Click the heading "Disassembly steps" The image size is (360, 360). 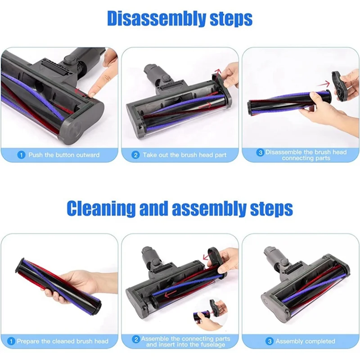click(x=180, y=19)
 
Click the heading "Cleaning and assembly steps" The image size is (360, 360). click(x=180, y=208)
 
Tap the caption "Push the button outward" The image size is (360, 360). click(x=64, y=155)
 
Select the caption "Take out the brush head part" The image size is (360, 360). click(x=185, y=155)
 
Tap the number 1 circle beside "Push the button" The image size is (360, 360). click(x=21, y=155)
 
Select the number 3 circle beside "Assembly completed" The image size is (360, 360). click(x=270, y=341)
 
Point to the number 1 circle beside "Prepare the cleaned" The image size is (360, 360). click(x=12, y=341)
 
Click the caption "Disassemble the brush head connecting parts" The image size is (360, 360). click(x=306, y=155)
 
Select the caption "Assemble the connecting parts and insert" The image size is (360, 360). click(x=185, y=341)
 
